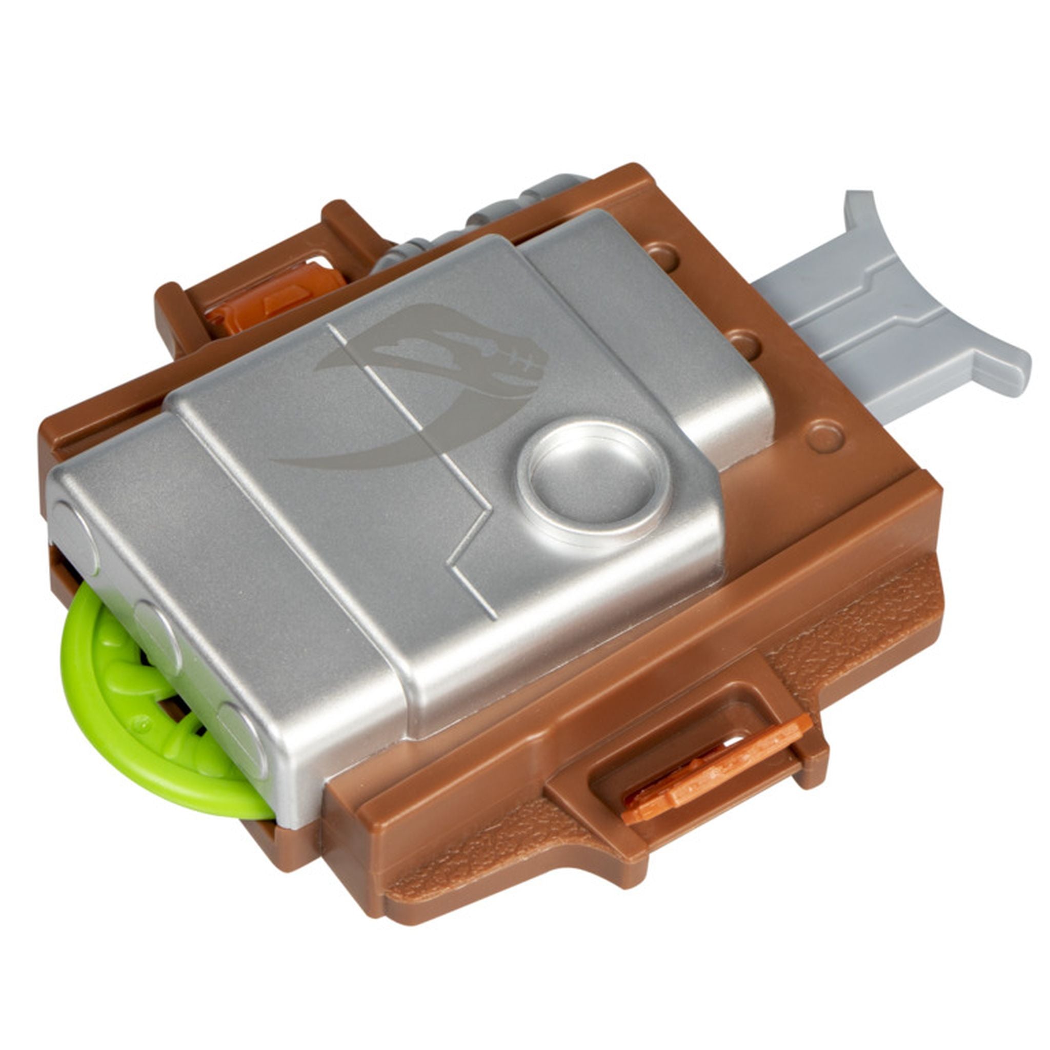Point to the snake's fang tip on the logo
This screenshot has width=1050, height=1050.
(x=282, y=462)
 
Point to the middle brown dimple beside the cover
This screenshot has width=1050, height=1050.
(x=743, y=343)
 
